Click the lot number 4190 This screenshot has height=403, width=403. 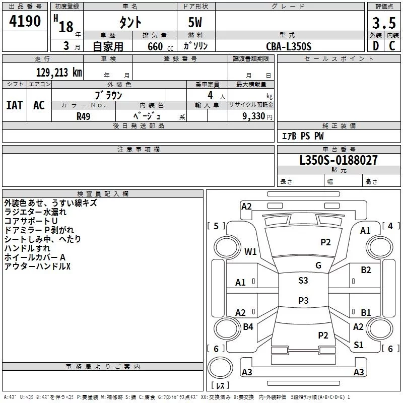point(25,21)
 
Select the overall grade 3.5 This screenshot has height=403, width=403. point(384,23)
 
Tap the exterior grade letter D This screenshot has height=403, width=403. point(376,46)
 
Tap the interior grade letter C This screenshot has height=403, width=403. point(392,46)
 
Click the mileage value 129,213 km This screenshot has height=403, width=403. point(59,73)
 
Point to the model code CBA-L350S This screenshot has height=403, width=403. point(289,46)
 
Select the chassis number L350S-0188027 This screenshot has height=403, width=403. point(339,160)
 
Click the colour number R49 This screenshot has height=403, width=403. point(83,116)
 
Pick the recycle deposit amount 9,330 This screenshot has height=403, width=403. point(253,116)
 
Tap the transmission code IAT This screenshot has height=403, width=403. point(15,105)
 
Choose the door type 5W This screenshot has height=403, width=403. point(195,22)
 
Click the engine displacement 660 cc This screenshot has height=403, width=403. point(160,46)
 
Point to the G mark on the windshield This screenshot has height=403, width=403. point(318,265)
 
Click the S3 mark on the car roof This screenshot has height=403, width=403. point(303,280)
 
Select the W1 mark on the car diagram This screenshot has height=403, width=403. point(250,251)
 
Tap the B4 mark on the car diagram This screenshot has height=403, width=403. point(248,326)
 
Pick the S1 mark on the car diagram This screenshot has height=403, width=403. point(358,345)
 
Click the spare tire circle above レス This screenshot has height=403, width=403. point(220,368)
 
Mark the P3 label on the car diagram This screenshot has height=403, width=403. point(303,300)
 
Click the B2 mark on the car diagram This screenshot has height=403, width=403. point(366,270)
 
